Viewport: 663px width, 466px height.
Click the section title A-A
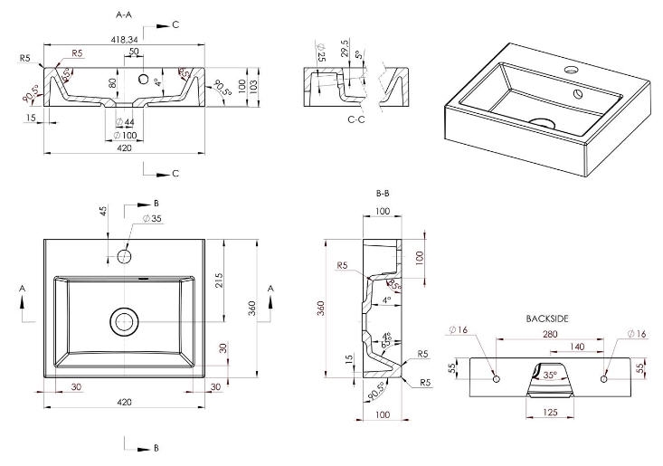126,15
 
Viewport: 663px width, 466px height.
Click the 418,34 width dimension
126,40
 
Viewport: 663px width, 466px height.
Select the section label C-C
357,119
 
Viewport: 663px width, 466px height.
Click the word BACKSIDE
547,319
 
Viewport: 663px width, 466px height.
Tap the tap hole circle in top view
124,256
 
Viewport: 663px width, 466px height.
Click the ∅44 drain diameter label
125,122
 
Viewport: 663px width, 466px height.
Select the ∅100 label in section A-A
125,136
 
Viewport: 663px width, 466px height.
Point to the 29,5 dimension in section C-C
346,47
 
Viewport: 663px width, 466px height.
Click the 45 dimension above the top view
103,212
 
